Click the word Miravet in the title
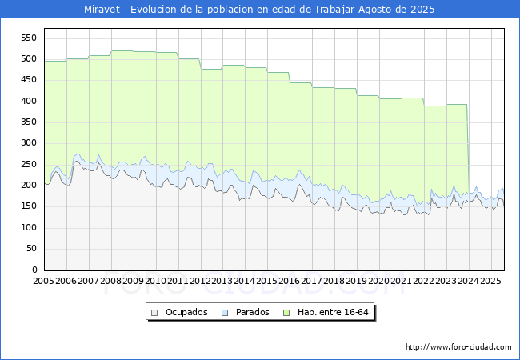coord(102,10)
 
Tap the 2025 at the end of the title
coord(422,10)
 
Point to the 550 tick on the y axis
coord(29,38)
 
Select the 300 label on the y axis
coord(29,143)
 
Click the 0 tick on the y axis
coord(34,270)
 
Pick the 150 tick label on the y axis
coord(29,206)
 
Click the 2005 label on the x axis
coord(43,281)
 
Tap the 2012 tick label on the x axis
coord(200,281)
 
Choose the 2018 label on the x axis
coord(334,281)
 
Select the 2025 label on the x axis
coord(491,281)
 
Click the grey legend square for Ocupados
coord(154,313)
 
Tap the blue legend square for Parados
coord(225,313)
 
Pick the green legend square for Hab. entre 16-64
coord(286,313)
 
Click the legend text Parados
coord(253,312)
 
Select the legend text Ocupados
coord(186,312)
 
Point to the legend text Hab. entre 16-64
coord(333,312)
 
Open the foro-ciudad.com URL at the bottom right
coord(458,347)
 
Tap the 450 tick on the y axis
coord(29,80)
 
